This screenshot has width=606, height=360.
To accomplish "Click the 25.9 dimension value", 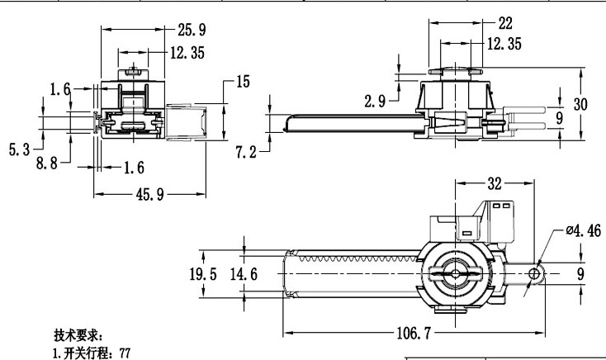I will coord(191,30).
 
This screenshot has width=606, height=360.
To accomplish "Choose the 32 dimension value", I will coord(495,183).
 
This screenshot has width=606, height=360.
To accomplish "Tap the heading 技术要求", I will coord(78,335).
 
